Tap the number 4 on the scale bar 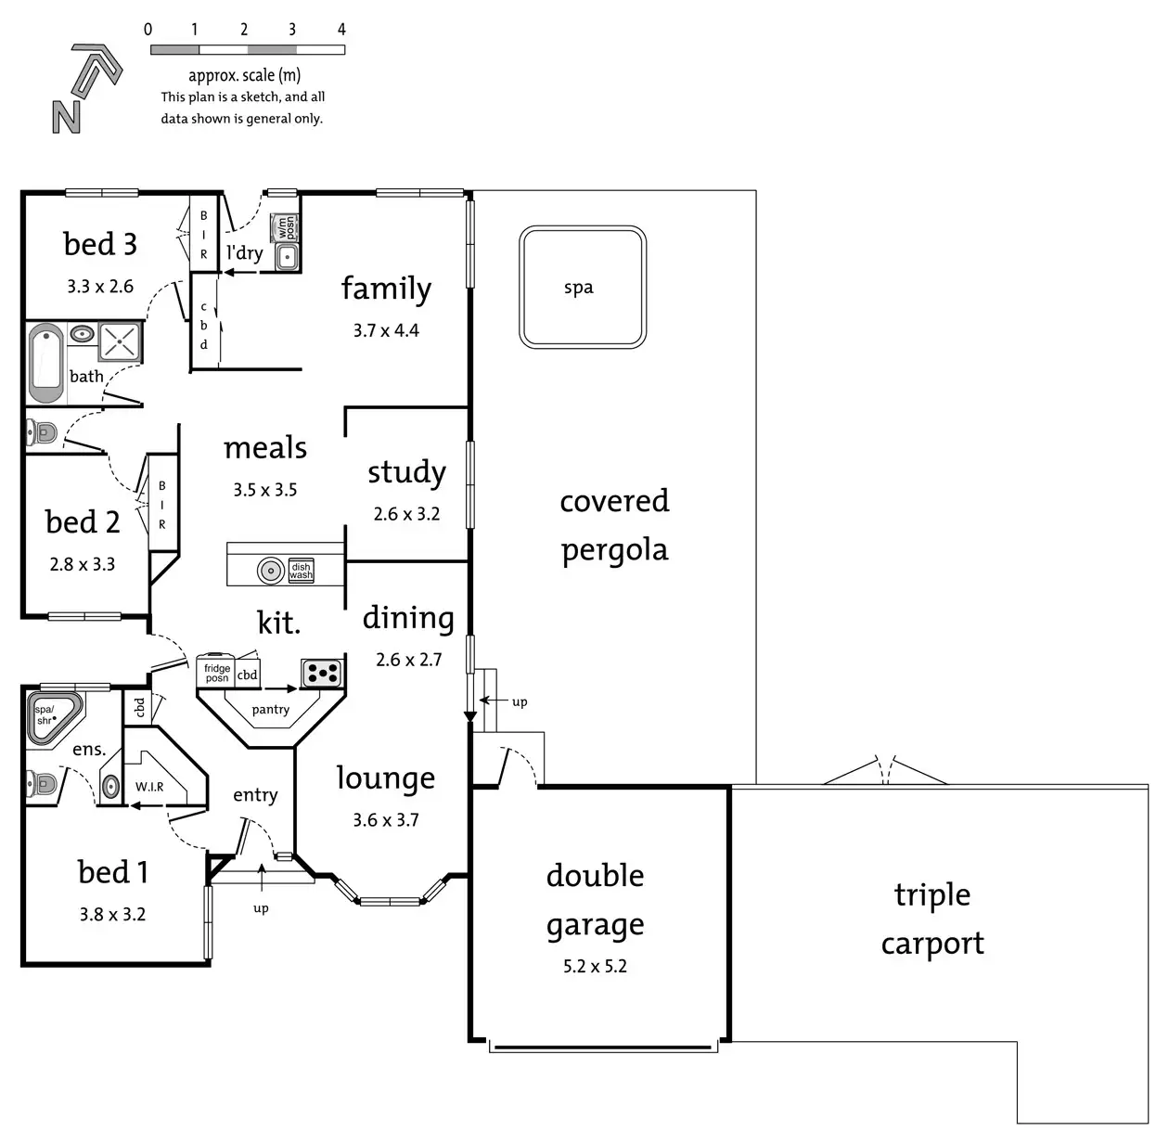341,30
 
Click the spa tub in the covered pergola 582,287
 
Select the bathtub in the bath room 45,363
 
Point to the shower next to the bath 121,341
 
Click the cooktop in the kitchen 322,674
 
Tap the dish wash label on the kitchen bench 301,571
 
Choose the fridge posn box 217,673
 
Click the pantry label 270,710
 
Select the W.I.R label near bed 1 149,787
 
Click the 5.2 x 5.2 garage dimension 595,967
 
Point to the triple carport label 932,919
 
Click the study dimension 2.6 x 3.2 406,514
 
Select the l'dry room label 244,252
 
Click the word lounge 385,778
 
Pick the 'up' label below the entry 261,908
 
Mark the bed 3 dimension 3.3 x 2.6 100,287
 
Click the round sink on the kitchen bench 270,571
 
